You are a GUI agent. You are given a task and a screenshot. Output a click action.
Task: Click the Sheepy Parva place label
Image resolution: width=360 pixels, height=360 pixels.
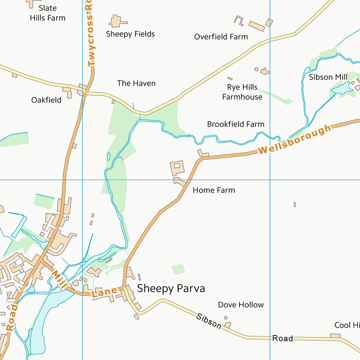coord(171,288)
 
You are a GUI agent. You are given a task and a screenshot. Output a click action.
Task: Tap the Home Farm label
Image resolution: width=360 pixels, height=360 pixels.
coord(214,190)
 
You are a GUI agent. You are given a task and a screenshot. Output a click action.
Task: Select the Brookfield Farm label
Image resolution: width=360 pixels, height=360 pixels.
coord(235,124)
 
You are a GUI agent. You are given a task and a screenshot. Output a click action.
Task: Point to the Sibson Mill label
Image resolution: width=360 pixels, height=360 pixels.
coord(328,77)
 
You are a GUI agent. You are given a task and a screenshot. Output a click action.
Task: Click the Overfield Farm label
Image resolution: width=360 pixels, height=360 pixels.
coord(221,37)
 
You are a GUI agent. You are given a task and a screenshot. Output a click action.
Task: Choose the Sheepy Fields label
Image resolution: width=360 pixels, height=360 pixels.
coord(130,34)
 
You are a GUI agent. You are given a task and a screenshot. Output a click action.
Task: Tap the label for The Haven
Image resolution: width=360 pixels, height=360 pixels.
coord(136,83)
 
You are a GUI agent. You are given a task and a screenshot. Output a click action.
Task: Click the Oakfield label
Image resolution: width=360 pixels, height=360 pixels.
coord(46,100)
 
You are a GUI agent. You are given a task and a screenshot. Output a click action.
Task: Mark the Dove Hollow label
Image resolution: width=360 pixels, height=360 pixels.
coord(241,305)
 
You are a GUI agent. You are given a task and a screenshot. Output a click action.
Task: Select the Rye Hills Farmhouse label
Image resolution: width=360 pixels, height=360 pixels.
coord(242,92)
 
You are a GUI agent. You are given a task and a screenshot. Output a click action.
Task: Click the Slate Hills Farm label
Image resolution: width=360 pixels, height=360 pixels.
coord(47,13)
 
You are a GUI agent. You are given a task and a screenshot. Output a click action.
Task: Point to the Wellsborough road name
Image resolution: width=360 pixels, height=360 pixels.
coord(294,140)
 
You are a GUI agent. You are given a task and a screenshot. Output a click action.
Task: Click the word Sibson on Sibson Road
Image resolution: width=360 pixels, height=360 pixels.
coord(209,321)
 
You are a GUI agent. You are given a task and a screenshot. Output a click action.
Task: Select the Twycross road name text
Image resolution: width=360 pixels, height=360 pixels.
coord(91,35)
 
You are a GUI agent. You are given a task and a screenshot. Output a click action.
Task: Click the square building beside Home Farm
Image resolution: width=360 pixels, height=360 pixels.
coord(177,167)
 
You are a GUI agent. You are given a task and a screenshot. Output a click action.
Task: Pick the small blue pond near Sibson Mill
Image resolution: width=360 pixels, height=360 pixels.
coord(342,88)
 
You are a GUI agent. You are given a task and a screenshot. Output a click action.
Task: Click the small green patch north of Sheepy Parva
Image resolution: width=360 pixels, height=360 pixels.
coord(178,269)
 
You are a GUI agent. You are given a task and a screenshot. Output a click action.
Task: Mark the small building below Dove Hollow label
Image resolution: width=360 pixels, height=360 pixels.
coord(227,324)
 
